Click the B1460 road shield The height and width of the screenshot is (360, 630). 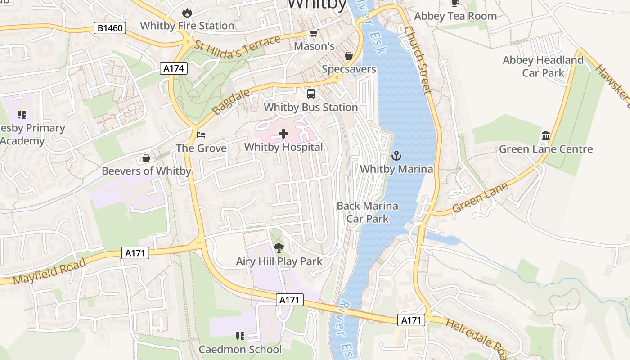[x=110, y=28]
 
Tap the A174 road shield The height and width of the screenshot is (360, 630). [x=173, y=68]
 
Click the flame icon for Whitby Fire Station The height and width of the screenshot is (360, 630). [x=187, y=13]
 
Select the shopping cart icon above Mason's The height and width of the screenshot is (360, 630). [x=314, y=33]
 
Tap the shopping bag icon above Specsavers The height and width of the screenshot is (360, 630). [x=349, y=56]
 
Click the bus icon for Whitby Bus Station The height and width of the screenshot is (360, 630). [x=311, y=94]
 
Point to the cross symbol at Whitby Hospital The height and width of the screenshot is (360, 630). [x=283, y=134]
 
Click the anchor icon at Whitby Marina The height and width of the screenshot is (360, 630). [x=396, y=156]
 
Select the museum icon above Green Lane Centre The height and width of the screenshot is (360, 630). [x=546, y=135]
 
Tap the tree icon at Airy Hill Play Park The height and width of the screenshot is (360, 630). [x=279, y=247]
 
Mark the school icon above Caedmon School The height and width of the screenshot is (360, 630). [x=240, y=336]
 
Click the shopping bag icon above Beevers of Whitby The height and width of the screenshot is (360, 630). [x=146, y=158]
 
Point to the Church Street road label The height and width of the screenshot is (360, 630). [x=418, y=60]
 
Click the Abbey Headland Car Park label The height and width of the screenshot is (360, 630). [x=543, y=66]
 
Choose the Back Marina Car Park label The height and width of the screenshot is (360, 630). [x=368, y=212]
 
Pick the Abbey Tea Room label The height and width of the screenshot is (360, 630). [x=455, y=16]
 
